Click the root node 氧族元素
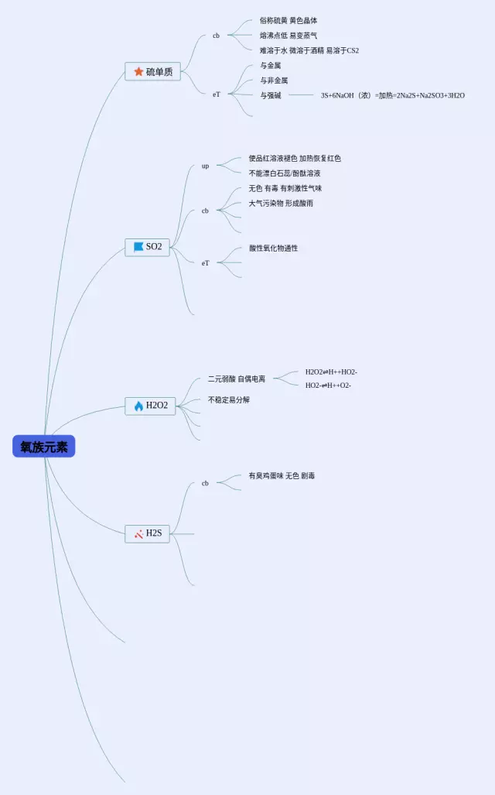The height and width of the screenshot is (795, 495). click(44, 447)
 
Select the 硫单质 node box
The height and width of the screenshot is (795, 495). click(152, 72)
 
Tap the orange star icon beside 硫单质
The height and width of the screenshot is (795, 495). click(138, 72)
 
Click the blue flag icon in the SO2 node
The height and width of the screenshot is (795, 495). click(138, 247)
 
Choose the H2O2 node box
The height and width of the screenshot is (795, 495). click(150, 406)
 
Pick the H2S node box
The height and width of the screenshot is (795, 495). click(147, 533)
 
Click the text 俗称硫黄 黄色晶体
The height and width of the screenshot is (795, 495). click(288, 21)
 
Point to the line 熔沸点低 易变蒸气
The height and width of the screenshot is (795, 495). click(288, 36)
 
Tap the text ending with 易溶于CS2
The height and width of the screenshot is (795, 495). click(309, 50)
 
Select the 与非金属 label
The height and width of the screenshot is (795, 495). click(274, 81)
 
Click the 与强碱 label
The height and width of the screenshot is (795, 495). click(270, 95)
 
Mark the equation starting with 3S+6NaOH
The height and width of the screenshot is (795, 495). click(392, 95)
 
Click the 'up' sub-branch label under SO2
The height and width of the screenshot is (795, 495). click(205, 166)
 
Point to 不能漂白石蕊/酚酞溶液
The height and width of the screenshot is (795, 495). click(284, 173)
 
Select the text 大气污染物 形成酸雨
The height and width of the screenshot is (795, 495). click(280, 204)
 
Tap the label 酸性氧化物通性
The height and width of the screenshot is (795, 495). click(273, 248)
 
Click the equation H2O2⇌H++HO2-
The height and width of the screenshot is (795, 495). click(331, 372)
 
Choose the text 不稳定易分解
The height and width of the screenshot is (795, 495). click(228, 400)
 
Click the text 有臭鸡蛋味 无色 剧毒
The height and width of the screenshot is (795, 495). click(281, 476)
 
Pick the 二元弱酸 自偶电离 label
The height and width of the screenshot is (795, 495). click(236, 379)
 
